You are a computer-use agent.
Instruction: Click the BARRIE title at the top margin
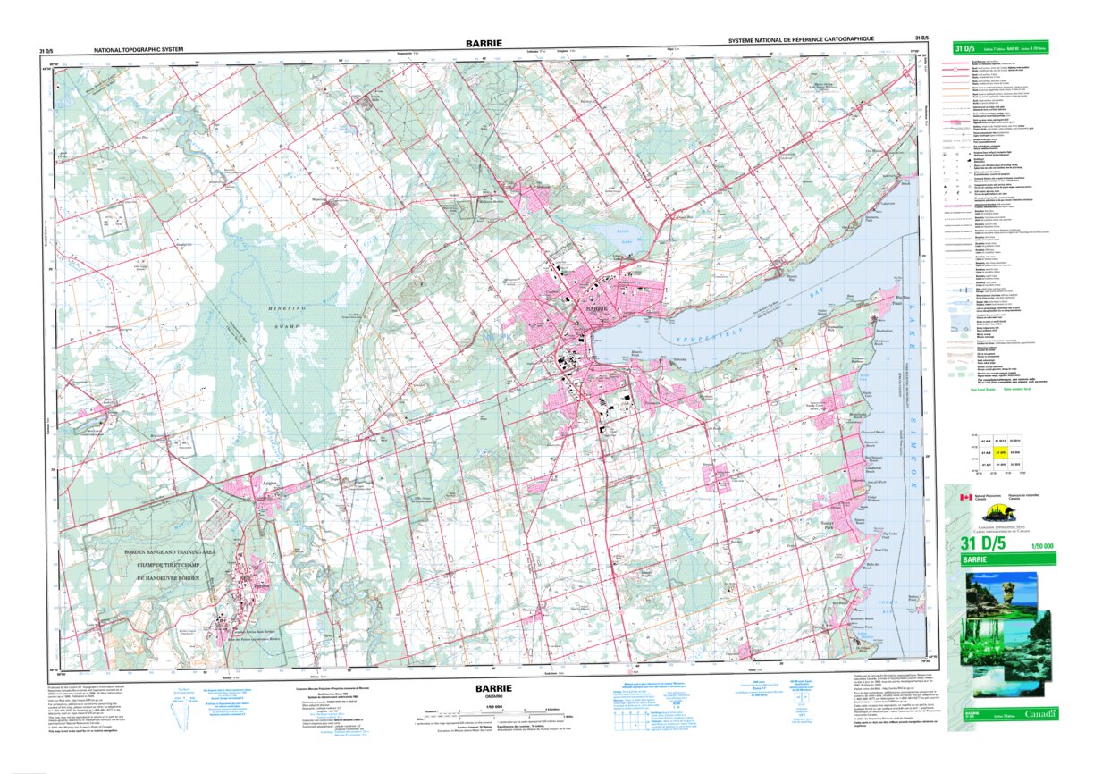(483, 42)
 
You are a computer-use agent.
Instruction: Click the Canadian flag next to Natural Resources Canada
(964, 497)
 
